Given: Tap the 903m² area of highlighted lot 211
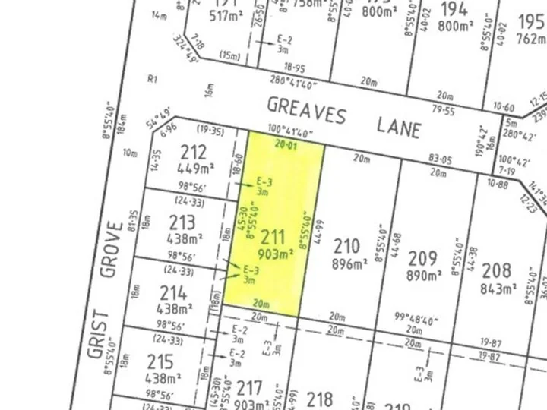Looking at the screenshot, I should pyautogui.click(x=274, y=252).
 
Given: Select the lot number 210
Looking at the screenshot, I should pyautogui.click(x=346, y=246).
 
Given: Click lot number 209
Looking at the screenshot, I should pyautogui.click(x=422, y=257).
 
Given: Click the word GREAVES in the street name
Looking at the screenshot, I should pyautogui.click(x=306, y=112).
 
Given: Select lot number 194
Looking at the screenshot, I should pyautogui.click(x=453, y=9).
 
